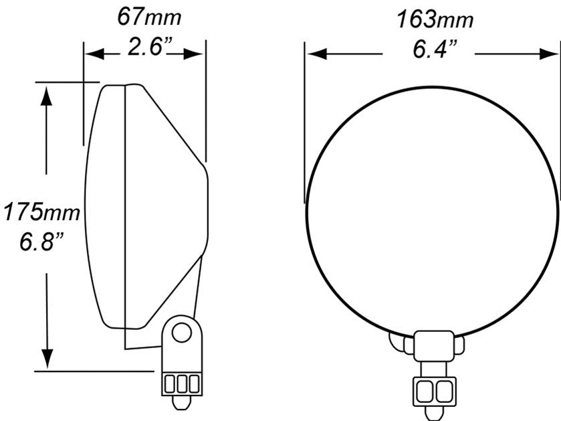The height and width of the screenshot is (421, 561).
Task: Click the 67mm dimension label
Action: (x=149, y=17)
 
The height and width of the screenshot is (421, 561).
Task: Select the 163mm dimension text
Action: (x=435, y=19)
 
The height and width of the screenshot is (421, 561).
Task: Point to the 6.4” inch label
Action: (x=435, y=49)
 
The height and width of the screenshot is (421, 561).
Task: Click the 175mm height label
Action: (x=41, y=212)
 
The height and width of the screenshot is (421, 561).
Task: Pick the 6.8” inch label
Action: (x=41, y=242)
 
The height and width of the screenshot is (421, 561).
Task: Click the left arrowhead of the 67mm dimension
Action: (x=94, y=54)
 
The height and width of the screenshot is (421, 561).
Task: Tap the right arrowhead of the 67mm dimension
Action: (x=193, y=54)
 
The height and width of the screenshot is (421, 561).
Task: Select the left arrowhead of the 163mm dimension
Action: (x=317, y=54)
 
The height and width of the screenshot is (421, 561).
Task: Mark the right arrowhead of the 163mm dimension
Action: (x=548, y=54)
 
